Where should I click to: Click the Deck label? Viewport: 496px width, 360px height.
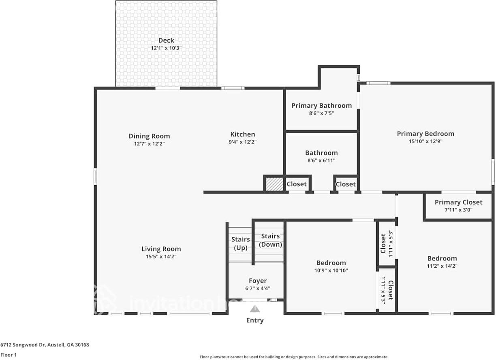[x=166, y=40]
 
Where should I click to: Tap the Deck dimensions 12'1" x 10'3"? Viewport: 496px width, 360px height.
[x=166, y=48]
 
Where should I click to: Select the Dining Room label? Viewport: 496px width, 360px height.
[x=149, y=136]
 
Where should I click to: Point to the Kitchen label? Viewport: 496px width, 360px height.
[x=243, y=134]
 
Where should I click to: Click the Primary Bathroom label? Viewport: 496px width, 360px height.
[x=321, y=106]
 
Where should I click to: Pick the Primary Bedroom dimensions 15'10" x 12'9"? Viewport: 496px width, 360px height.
[x=425, y=141]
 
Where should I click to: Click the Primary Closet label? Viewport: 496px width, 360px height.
[x=458, y=202]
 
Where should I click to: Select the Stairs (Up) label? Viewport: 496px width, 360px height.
[x=241, y=243]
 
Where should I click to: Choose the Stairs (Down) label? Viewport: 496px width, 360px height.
[x=270, y=240]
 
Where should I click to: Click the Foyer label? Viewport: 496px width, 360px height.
[x=258, y=281]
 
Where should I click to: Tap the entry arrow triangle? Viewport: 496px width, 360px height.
[x=255, y=309]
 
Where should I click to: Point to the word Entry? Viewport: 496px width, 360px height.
[x=255, y=320]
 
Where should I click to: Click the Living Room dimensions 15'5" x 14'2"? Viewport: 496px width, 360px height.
[x=161, y=256]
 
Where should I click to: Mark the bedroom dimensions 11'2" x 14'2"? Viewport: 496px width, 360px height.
[x=442, y=266]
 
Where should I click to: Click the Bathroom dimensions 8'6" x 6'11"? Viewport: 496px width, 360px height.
[x=321, y=160]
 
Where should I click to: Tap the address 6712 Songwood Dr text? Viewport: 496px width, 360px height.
[x=45, y=345]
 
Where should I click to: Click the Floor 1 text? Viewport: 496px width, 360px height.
[x=9, y=355]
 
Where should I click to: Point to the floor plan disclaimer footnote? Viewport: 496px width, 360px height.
[x=294, y=357]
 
